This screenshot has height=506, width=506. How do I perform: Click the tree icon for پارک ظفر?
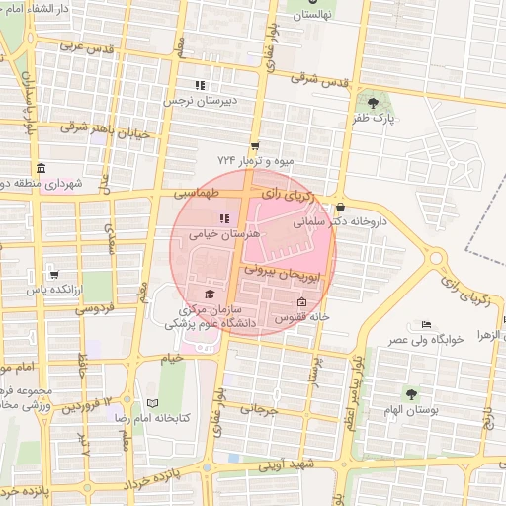click(x=373, y=103)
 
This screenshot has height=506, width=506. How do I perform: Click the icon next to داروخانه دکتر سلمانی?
click(x=341, y=208)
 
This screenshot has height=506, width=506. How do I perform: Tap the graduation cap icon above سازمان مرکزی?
click(x=209, y=294)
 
